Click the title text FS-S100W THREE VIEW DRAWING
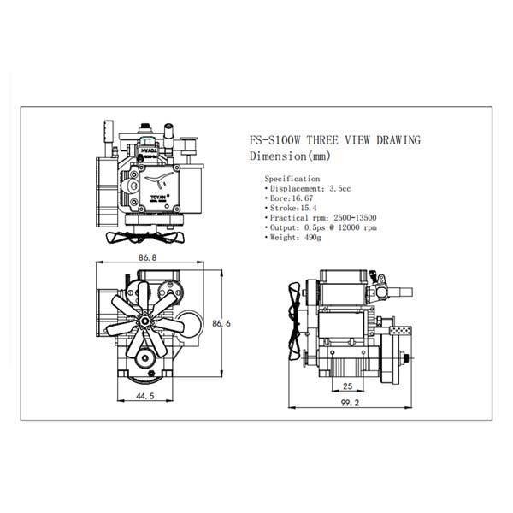click(x=333, y=141)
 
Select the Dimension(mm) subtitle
click(x=287, y=156)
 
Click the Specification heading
click(x=292, y=179)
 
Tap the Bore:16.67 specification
click(x=290, y=198)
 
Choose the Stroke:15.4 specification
click(x=292, y=208)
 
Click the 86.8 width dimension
click(x=146, y=257)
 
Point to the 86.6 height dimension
click(x=224, y=323)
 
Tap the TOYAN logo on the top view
click(x=160, y=194)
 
